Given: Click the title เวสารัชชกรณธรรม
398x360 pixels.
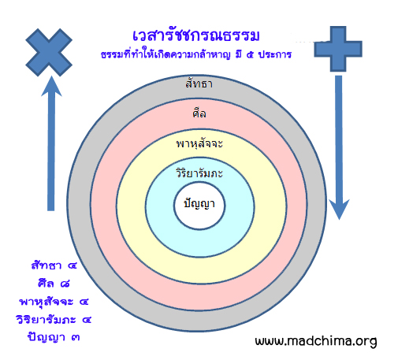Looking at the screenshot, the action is click(x=196, y=35).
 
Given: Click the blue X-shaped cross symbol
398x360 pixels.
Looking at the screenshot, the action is click(x=49, y=52).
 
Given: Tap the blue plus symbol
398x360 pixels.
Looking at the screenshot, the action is click(x=338, y=49).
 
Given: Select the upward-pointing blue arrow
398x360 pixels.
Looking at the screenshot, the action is click(x=51, y=143).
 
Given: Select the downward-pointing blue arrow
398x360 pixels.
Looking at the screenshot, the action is click(x=339, y=147).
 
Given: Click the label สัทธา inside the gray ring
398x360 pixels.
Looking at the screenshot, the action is click(x=199, y=84).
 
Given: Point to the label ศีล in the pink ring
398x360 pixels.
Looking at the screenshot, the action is click(x=199, y=113).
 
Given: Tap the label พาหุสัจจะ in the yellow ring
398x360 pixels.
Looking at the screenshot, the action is click(x=199, y=144).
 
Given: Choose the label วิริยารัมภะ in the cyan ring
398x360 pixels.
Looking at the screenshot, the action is click(x=199, y=173).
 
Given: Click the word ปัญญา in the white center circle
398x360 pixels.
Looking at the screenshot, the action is click(x=199, y=204).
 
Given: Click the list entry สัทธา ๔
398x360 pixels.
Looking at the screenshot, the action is click(x=54, y=265).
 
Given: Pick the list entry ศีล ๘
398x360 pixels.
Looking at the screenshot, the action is click(x=54, y=284).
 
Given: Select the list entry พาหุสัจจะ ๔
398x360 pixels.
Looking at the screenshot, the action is click(x=54, y=302).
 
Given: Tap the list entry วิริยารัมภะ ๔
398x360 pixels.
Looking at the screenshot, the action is click(x=54, y=320).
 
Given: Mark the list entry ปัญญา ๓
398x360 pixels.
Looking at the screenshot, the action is click(x=54, y=337).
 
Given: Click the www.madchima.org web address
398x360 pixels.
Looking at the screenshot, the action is click(x=316, y=340).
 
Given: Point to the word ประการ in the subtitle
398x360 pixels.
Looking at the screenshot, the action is click(x=275, y=54).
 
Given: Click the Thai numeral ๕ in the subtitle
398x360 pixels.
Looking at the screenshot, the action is click(x=250, y=55).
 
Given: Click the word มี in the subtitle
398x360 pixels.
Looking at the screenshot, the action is click(x=239, y=54).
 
